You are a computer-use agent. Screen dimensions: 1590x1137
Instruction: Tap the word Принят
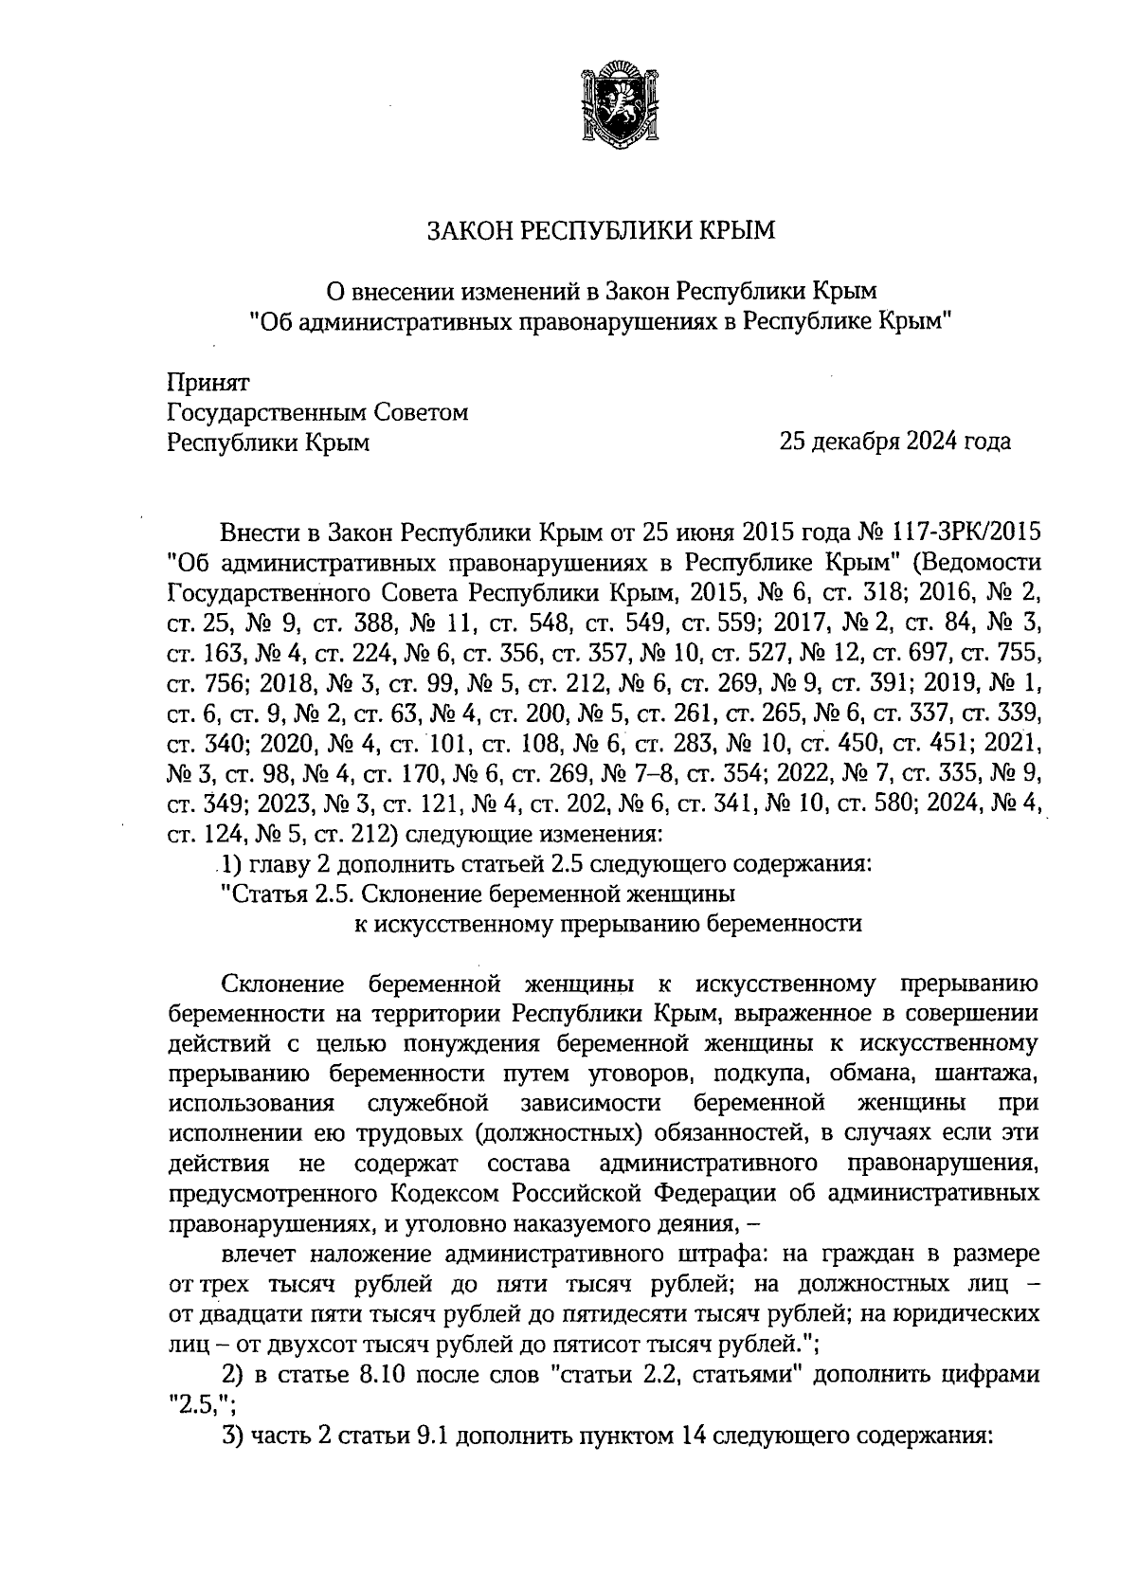click(208, 383)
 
